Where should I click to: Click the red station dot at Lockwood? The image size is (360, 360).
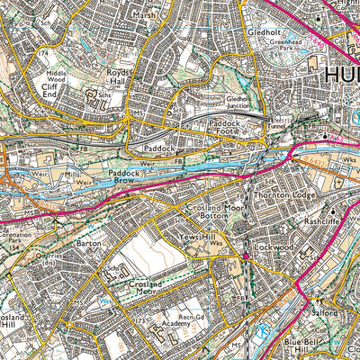tap(245, 260)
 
